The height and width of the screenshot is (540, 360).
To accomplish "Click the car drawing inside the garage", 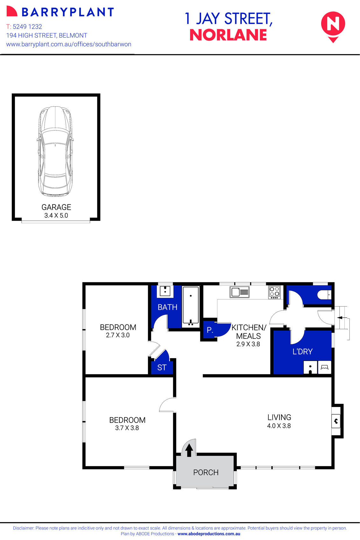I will pos(55,151).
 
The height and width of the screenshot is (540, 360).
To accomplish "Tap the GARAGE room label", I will pos(56,207).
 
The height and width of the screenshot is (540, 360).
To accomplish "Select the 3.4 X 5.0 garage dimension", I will pos(56,215).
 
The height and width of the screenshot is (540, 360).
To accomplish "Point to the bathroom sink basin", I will pos(165,291).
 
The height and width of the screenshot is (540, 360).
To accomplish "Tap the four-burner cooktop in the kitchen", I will pos(274,292).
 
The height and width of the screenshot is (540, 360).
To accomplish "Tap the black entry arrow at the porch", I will pos(189,450).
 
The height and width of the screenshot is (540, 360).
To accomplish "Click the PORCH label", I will pos(206,472).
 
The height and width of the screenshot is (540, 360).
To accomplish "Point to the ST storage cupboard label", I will pos(162,367).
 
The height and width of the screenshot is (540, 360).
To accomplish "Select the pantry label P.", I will pos(209,330).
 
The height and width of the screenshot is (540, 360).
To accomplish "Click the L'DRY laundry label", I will pos(302,351).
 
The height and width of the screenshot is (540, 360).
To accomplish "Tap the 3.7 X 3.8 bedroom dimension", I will pos(127,428).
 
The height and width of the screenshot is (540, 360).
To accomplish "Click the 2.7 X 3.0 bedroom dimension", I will pos(118,335).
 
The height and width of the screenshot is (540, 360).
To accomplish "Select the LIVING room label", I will pos(279,417).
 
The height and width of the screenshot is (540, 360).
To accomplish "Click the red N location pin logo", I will pos(333,25).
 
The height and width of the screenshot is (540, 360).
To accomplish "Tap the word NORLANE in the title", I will pos(228,35).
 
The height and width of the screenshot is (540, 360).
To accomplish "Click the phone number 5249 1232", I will pos(27,27).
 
